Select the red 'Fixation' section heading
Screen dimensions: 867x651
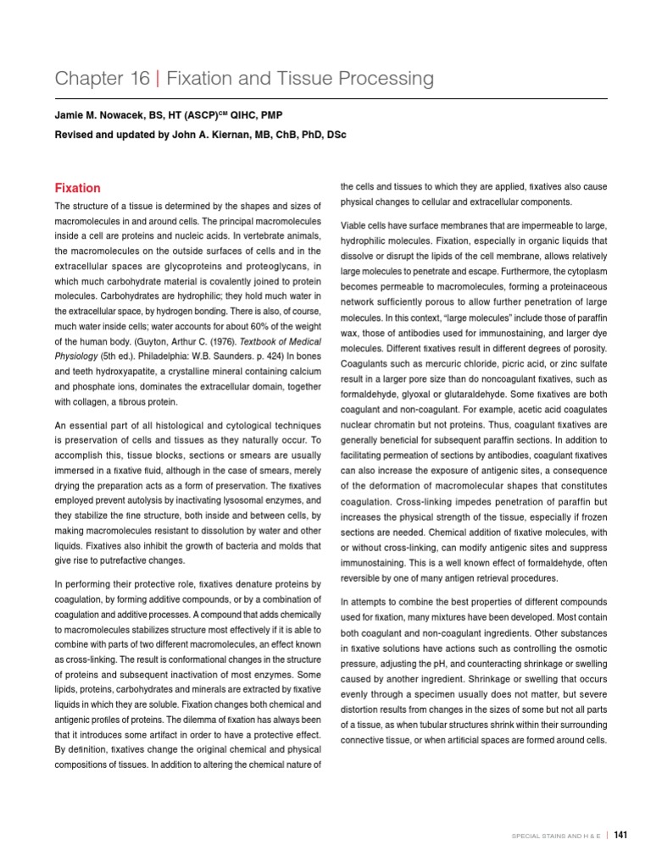(x=78, y=188)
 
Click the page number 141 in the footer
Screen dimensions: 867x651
(x=620, y=835)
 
